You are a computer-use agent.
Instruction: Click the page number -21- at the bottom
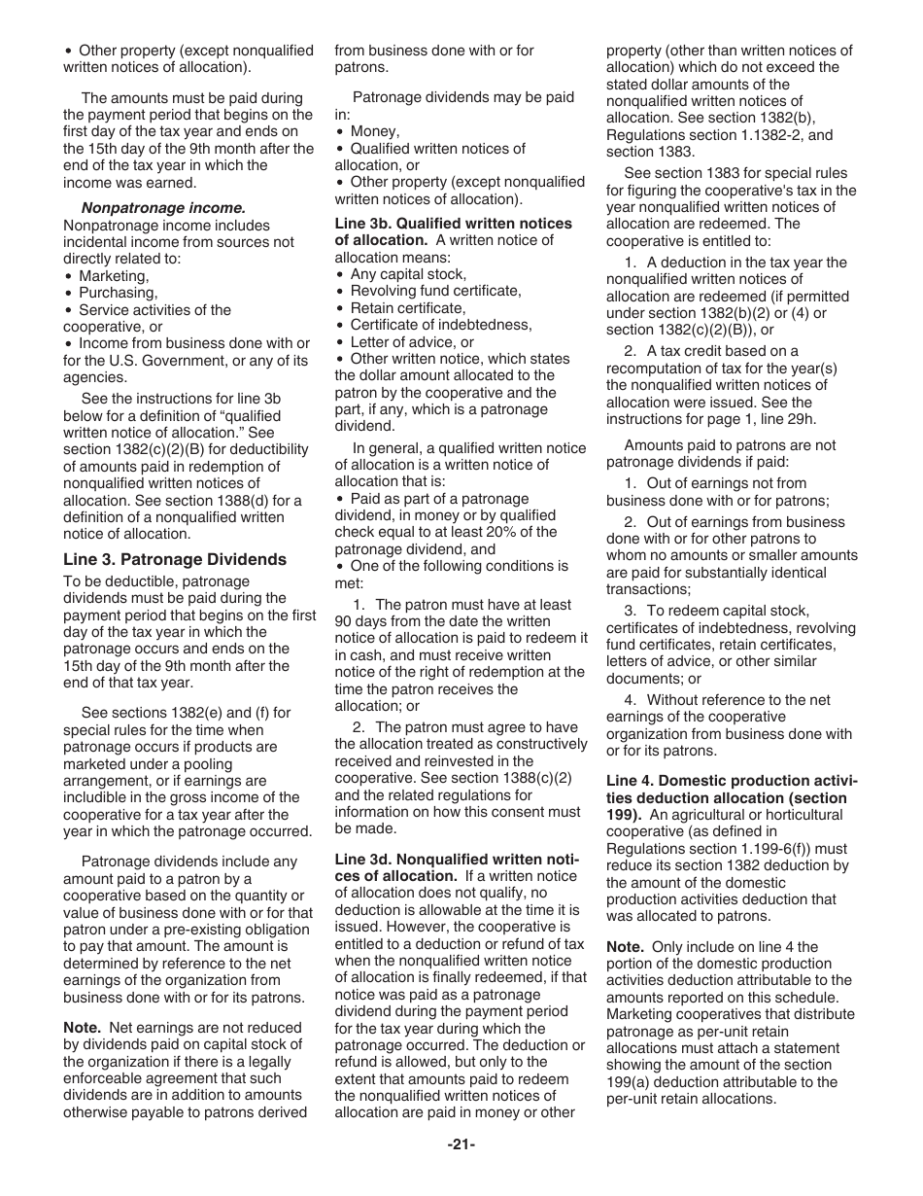pyautogui.click(x=461, y=1144)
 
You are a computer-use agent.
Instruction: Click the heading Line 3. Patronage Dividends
pyautogui.click(x=175, y=559)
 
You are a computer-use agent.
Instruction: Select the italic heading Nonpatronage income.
pyautogui.click(x=163, y=207)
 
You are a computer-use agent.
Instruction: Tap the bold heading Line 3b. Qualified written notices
pyautogui.click(x=453, y=223)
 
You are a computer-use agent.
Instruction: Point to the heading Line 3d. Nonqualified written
pyautogui.click(x=456, y=859)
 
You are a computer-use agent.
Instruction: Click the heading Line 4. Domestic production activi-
pyautogui.click(x=732, y=780)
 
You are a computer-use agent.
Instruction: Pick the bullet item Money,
pyautogui.click(x=374, y=131)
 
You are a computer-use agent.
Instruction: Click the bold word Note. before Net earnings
pyautogui.click(x=82, y=1027)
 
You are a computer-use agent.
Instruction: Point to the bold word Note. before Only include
pyautogui.click(x=625, y=946)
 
